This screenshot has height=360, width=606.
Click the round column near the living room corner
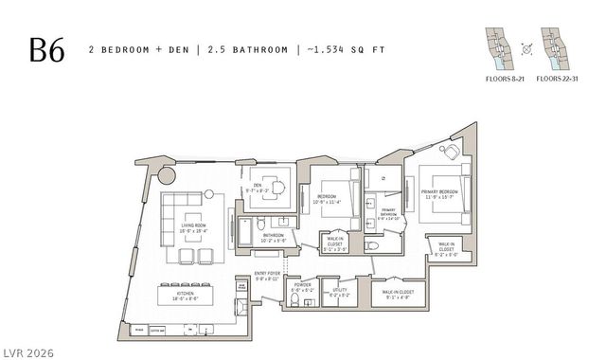(x=167, y=175)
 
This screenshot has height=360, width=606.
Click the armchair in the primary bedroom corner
(x=452, y=152)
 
